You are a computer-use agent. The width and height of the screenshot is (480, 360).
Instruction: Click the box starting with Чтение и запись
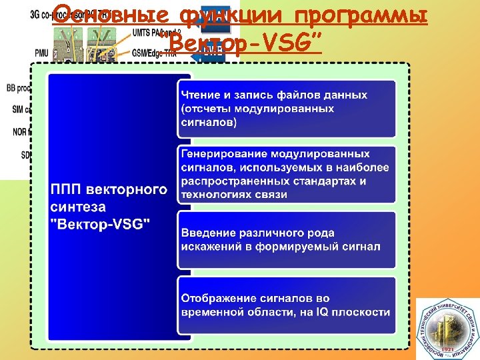(286, 109)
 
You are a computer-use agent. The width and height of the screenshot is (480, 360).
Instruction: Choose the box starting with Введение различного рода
(286, 239)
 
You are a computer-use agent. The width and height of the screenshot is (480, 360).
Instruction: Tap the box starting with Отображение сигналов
(286, 305)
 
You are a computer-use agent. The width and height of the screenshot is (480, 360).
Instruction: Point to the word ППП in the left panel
(68, 190)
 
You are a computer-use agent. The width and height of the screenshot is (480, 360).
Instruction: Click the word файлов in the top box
(313, 95)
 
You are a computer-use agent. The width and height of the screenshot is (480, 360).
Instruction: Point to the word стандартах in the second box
(329, 181)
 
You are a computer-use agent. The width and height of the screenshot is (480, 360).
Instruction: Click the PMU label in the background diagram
(40, 51)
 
